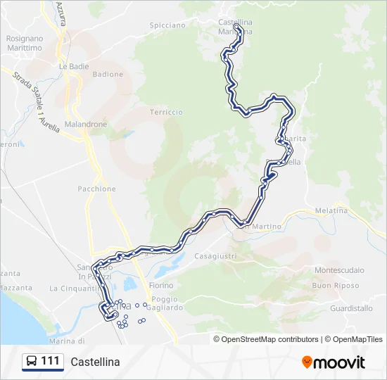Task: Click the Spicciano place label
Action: tap(167, 25)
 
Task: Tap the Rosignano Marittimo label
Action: tap(24, 43)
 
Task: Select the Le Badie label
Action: tap(72, 67)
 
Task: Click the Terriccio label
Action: tap(166, 112)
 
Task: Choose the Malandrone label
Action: tap(86, 124)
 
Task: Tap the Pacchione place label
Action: tap(97, 189)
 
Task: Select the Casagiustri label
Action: tap(215, 255)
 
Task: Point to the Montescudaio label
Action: tap(339, 270)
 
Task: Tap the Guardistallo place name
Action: tap(351, 308)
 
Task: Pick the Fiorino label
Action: tap(161, 286)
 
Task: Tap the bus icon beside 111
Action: tap(32, 361)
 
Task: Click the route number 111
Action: tap(50, 361)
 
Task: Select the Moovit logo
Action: tap(334, 362)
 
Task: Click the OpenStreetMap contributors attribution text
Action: tap(267, 339)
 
